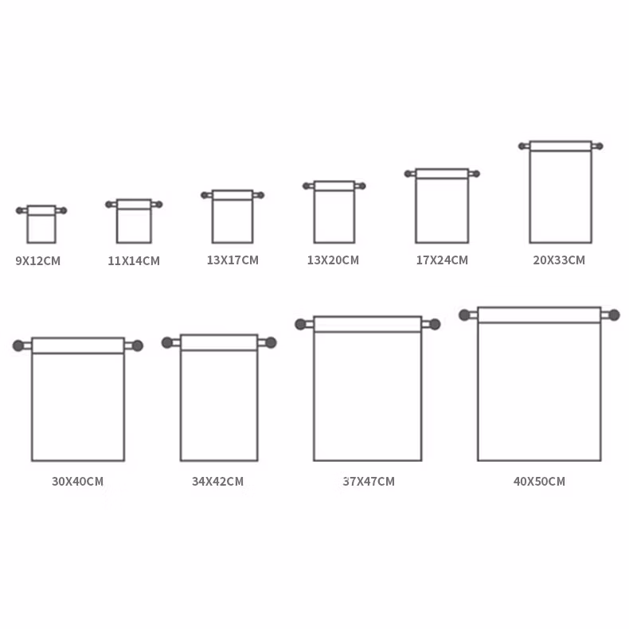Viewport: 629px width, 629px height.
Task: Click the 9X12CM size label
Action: (x=38, y=260)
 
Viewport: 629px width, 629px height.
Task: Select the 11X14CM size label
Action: (x=134, y=260)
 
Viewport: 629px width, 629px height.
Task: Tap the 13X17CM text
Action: (x=232, y=260)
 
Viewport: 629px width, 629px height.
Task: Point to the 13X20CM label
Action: (x=333, y=260)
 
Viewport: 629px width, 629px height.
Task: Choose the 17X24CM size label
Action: (x=442, y=260)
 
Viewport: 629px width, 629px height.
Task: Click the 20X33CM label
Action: (x=559, y=260)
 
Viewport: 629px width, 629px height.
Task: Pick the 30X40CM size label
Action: (x=78, y=481)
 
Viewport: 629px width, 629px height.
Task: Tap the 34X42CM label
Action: (x=218, y=481)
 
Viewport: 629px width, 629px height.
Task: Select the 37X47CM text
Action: (x=369, y=481)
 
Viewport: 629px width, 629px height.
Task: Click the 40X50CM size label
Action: (x=540, y=481)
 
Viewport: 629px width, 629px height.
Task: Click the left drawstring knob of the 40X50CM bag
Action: (x=464, y=315)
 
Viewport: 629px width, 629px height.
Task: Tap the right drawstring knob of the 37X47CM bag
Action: (x=435, y=324)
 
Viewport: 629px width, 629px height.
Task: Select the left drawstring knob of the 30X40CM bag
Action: (x=18, y=346)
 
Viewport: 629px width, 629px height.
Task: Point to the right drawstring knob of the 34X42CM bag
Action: (x=271, y=342)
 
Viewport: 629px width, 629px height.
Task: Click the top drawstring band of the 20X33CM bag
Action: (x=561, y=146)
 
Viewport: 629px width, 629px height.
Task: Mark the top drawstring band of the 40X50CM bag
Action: (x=539, y=315)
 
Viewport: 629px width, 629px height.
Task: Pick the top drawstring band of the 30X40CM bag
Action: (x=78, y=346)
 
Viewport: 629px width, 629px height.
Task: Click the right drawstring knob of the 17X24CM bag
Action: (x=476, y=174)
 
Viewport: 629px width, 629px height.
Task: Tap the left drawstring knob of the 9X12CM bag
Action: (x=19, y=211)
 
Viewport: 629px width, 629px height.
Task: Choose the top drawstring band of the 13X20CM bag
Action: (x=334, y=186)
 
